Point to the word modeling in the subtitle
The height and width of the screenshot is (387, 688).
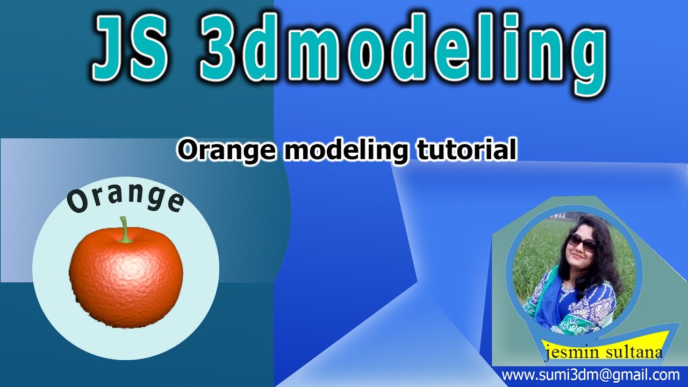[347, 151]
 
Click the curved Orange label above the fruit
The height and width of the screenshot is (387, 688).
[125, 197]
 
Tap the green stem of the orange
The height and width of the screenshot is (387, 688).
[125, 230]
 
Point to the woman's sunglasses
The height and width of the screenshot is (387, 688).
[582, 242]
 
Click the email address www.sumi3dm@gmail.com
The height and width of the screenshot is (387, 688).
[590, 375]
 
